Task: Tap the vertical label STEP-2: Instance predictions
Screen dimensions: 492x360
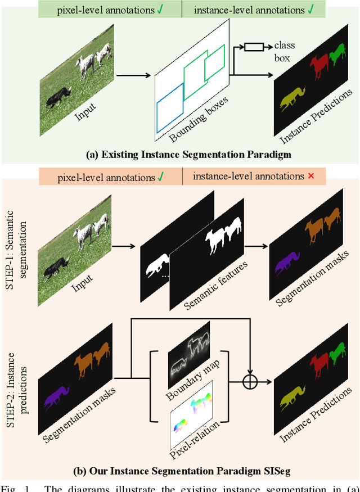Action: click(16, 377)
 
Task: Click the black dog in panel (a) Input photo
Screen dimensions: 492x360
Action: click(58, 96)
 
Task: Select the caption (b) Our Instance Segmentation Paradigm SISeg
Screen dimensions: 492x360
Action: click(180, 470)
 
